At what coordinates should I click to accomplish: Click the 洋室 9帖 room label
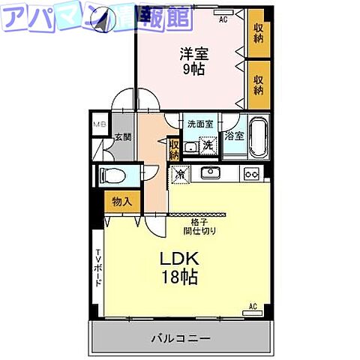tap(192, 61)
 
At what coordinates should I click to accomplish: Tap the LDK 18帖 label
tap(178, 267)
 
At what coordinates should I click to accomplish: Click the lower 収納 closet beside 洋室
tap(258, 83)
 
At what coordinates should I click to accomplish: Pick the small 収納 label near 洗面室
tap(174, 149)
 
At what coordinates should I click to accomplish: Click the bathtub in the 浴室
tap(257, 136)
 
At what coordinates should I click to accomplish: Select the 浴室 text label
tap(234, 136)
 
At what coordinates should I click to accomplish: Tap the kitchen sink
tap(209, 174)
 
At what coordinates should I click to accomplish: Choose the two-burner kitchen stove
tap(250, 175)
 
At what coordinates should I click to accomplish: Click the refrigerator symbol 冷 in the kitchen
tap(181, 174)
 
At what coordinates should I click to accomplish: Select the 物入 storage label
tap(121, 201)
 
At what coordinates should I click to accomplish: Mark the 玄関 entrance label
tap(122, 137)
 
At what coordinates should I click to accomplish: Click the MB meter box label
tap(99, 124)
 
